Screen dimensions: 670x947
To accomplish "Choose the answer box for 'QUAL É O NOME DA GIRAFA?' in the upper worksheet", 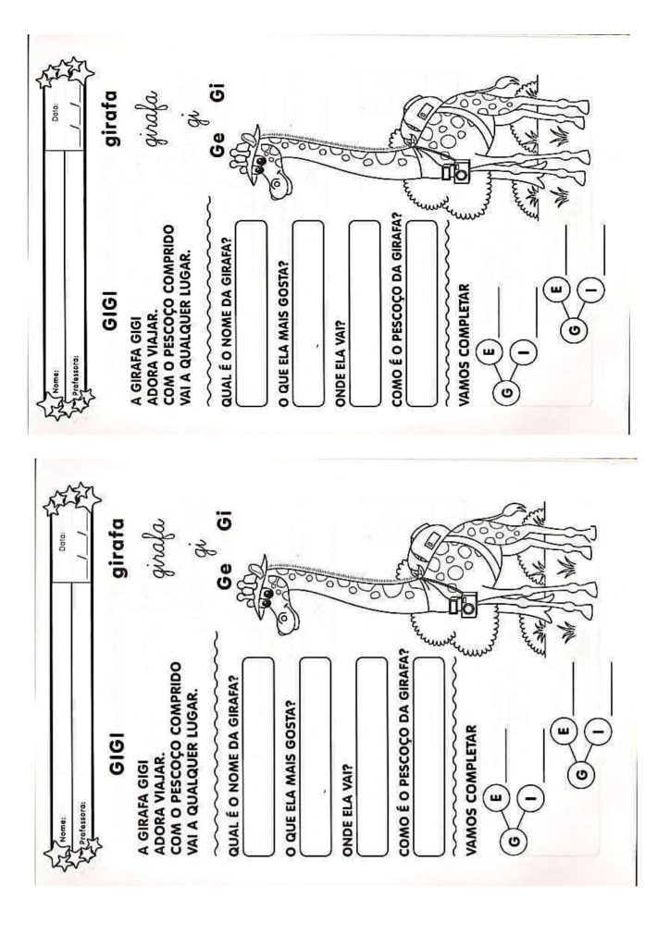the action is click(251, 314).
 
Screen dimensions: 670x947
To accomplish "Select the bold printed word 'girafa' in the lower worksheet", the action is click(117, 547).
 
